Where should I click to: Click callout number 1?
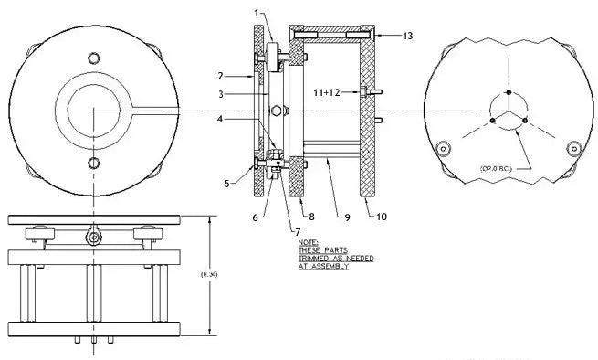coord(257,14)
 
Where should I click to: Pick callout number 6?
coord(257,217)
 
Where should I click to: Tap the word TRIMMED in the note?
coord(315,258)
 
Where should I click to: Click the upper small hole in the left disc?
coord(92,58)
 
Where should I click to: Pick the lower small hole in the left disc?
coord(92,164)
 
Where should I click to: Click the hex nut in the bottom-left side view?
coord(93,236)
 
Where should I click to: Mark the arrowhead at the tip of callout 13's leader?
coord(377,35)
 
